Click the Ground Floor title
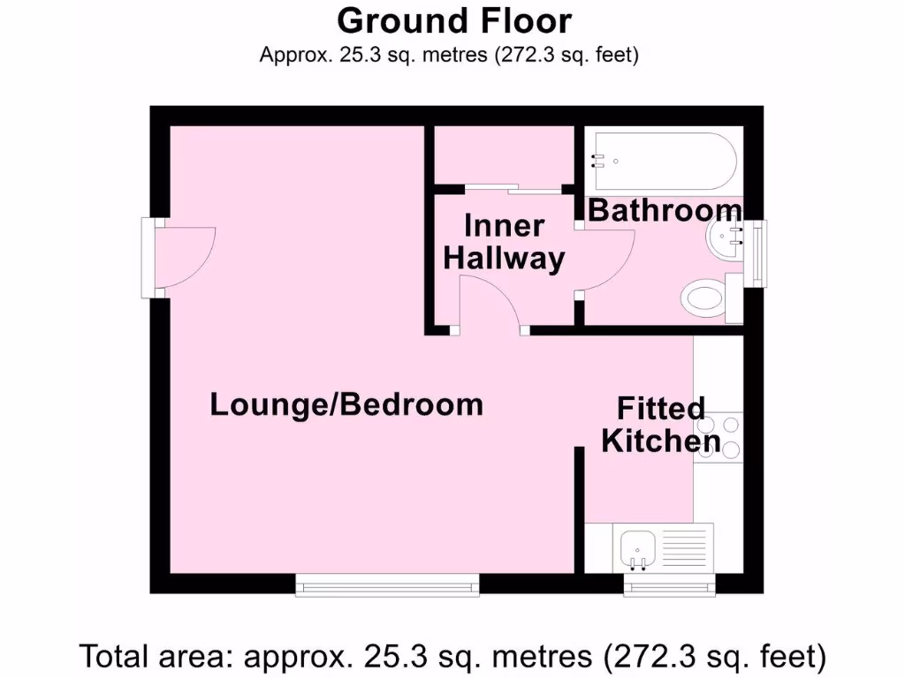(x=453, y=20)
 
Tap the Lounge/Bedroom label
(x=346, y=405)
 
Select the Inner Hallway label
(x=504, y=243)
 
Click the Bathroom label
(x=665, y=211)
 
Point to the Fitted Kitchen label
(x=661, y=425)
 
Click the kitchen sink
(x=636, y=546)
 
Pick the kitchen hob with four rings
(x=718, y=436)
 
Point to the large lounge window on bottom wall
(x=387, y=584)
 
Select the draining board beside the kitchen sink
(x=686, y=546)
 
